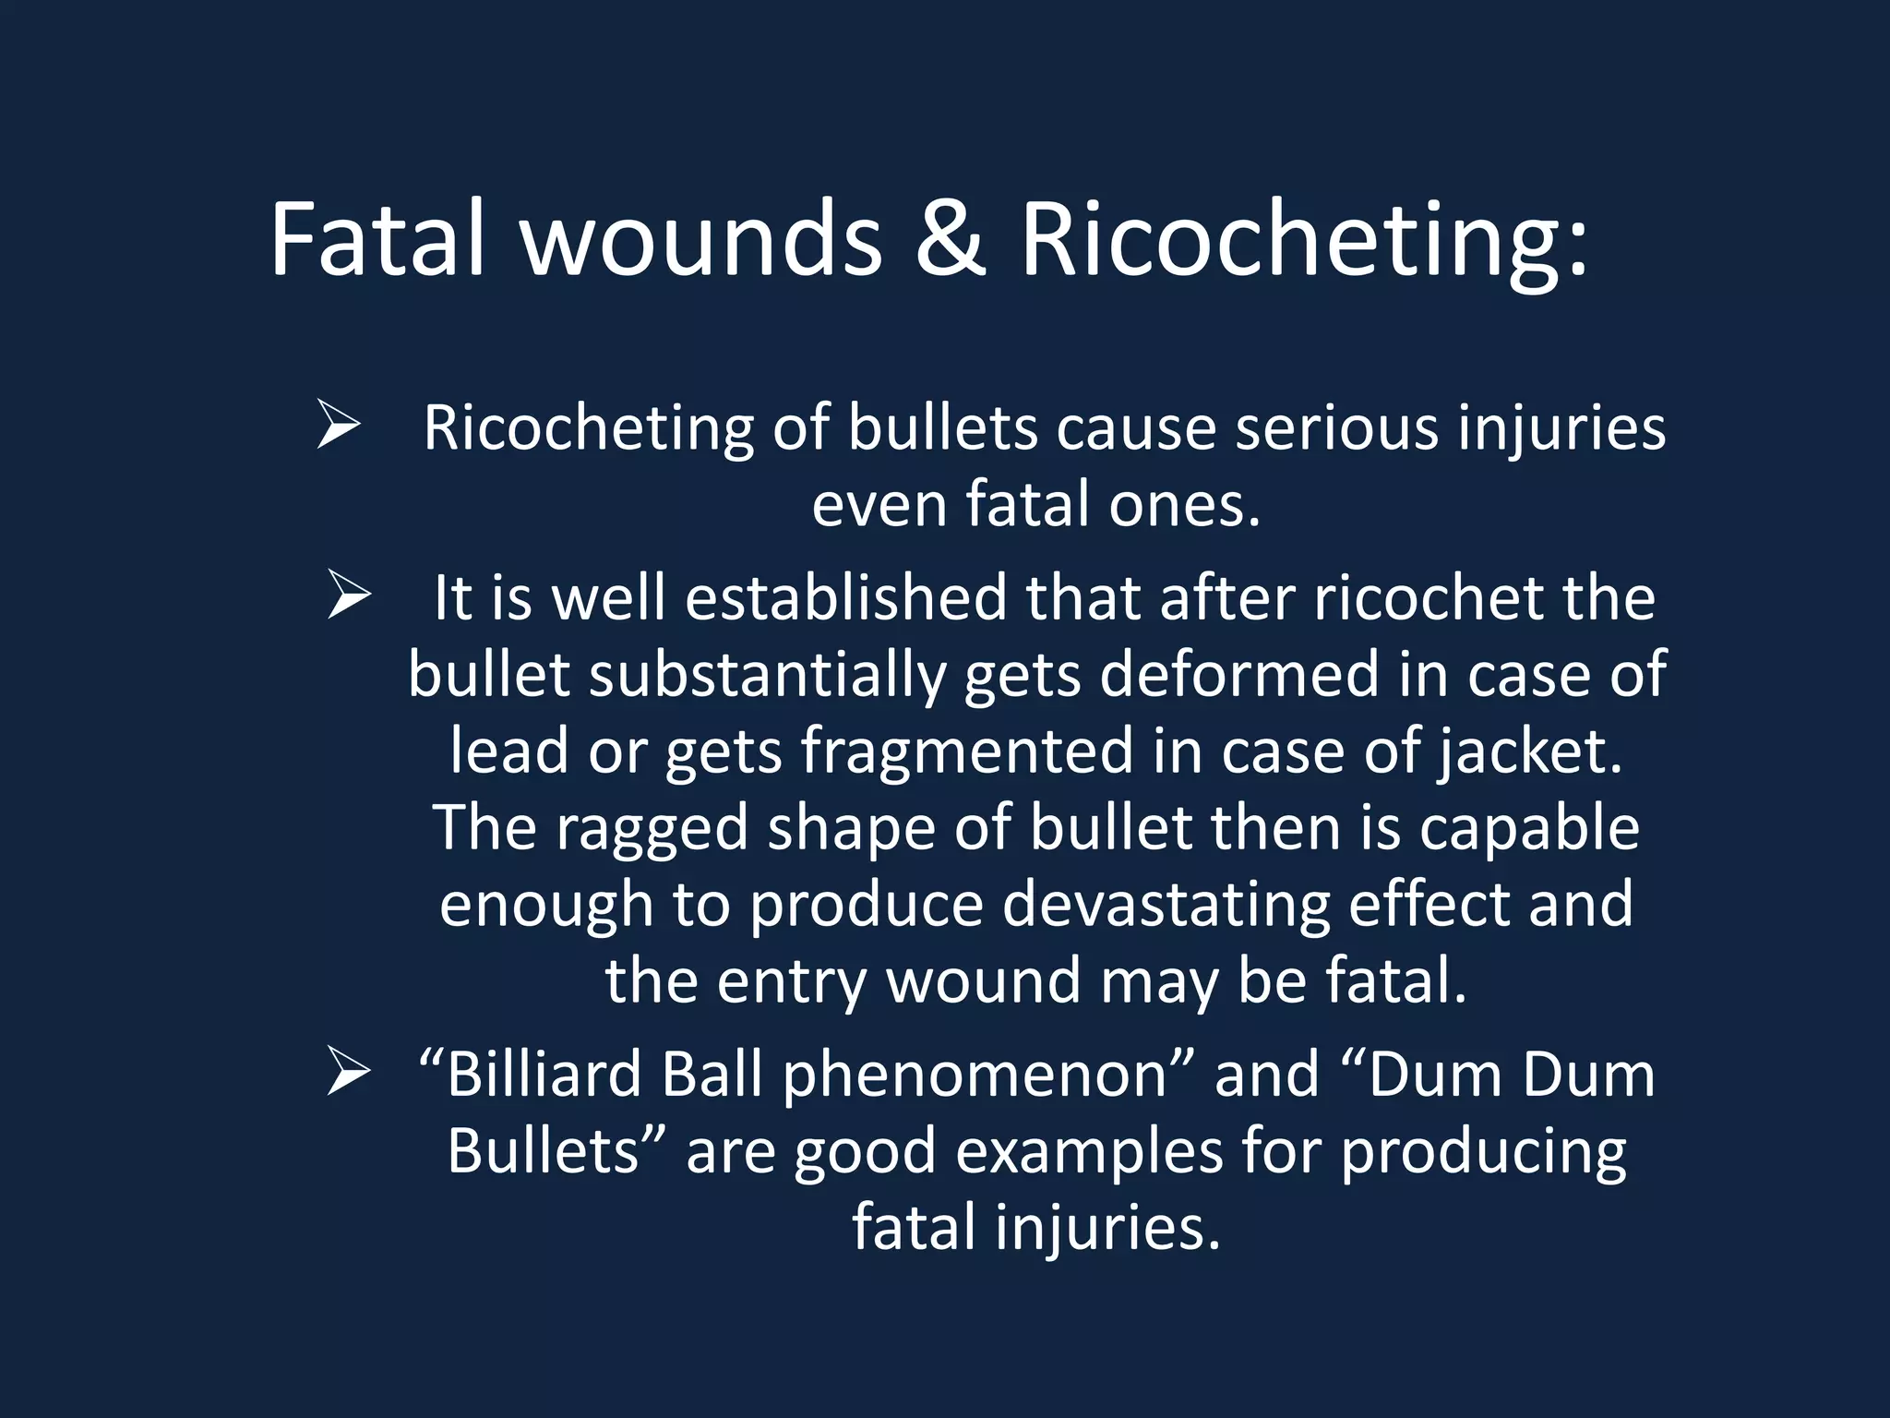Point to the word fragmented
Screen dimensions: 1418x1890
pyautogui.click(x=966, y=751)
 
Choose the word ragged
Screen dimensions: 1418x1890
pyautogui.click(x=651, y=828)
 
